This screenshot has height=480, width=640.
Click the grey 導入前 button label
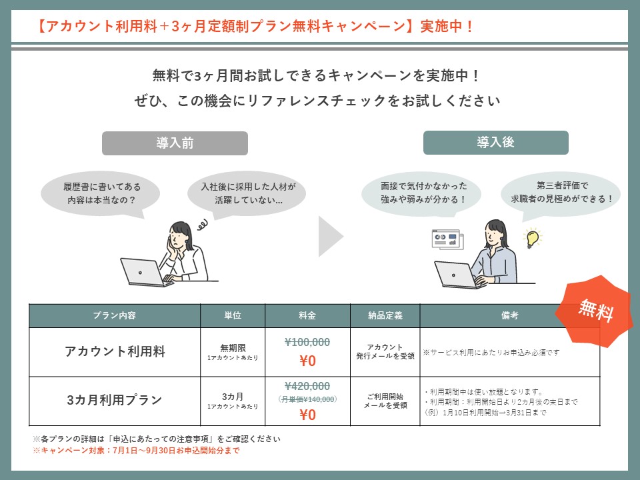click(x=175, y=143)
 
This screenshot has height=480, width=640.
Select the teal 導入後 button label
click(x=495, y=143)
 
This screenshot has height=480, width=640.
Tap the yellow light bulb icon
click(x=532, y=238)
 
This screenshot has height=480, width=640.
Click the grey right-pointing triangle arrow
click(x=331, y=236)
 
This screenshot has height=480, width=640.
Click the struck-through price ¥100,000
click(x=307, y=342)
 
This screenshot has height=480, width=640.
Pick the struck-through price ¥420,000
click(x=307, y=386)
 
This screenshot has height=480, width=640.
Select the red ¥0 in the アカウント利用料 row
click(x=308, y=361)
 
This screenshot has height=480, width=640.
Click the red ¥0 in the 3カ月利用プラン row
click(x=308, y=415)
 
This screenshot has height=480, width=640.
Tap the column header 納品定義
click(x=385, y=315)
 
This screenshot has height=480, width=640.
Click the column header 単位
click(x=233, y=315)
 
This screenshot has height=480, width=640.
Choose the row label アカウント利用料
click(x=115, y=351)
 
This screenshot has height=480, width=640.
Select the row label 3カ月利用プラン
click(x=115, y=400)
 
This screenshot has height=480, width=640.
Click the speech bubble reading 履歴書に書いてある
click(x=100, y=194)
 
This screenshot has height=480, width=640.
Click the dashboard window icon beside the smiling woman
click(x=448, y=239)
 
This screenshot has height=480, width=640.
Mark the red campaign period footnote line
click(x=136, y=451)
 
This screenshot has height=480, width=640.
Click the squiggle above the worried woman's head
click(x=203, y=224)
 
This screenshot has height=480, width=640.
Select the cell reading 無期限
click(x=233, y=348)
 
